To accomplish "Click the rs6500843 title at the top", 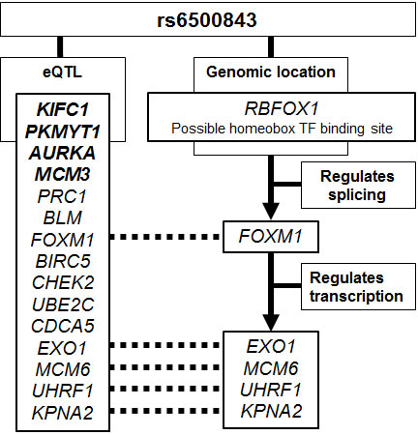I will click(x=209, y=19).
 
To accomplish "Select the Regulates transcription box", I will click(x=353, y=286).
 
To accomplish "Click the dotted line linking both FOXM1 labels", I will click(x=164, y=236).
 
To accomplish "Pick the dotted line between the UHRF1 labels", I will click(x=164, y=389).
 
